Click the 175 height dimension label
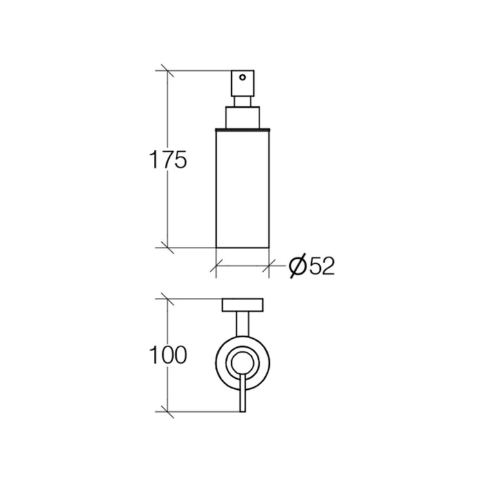pyautogui.click(x=168, y=160)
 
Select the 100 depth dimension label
pyautogui.click(x=168, y=355)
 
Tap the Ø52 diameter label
pyautogui.click(x=312, y=266)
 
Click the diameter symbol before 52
pyautogui.click(x=298, y=266)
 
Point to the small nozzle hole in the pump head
pyautogui.click(x=243, y=77)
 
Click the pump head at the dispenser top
pyautogui.click(x=243, y=83)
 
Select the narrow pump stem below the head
pyautogui.click(x=243, y=101)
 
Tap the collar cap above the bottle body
pyautogui.click(x=243, y=117)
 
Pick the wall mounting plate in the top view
pyautogui.click(x=243, y=305)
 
